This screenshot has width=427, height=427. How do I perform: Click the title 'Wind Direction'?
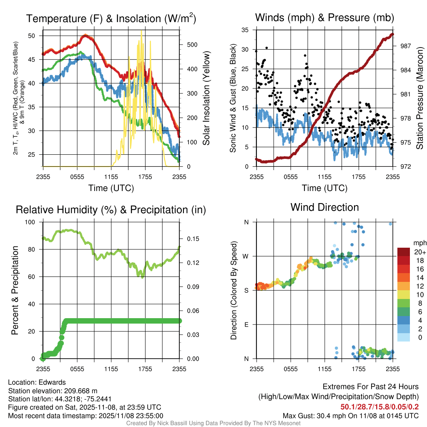click(x=324, y=207)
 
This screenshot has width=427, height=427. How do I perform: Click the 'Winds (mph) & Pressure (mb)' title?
click(x=324, y=18)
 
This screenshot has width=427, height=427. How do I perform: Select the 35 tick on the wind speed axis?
click(x=245, y=30)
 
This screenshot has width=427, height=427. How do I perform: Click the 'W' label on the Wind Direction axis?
click(x=246, y=256)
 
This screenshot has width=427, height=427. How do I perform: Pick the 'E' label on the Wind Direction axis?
click(x=246, y=324)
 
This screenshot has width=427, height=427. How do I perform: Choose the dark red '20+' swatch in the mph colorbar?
click(x=404, y=252)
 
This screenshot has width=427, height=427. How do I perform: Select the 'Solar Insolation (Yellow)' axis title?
click(x=206, y=98)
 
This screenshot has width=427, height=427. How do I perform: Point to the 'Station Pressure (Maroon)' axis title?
click(x=419, y=98)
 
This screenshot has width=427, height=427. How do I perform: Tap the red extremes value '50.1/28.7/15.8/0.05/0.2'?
click(x=379, y=407)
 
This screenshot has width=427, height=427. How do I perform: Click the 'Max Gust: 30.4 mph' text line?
click(x=350, y=415)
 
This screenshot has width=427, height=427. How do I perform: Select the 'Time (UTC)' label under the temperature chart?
click(x=111, y=188)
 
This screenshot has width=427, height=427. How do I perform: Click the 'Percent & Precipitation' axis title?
click(x=15, y=290)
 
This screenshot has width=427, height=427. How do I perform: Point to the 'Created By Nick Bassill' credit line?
click(x=213, y=423)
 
